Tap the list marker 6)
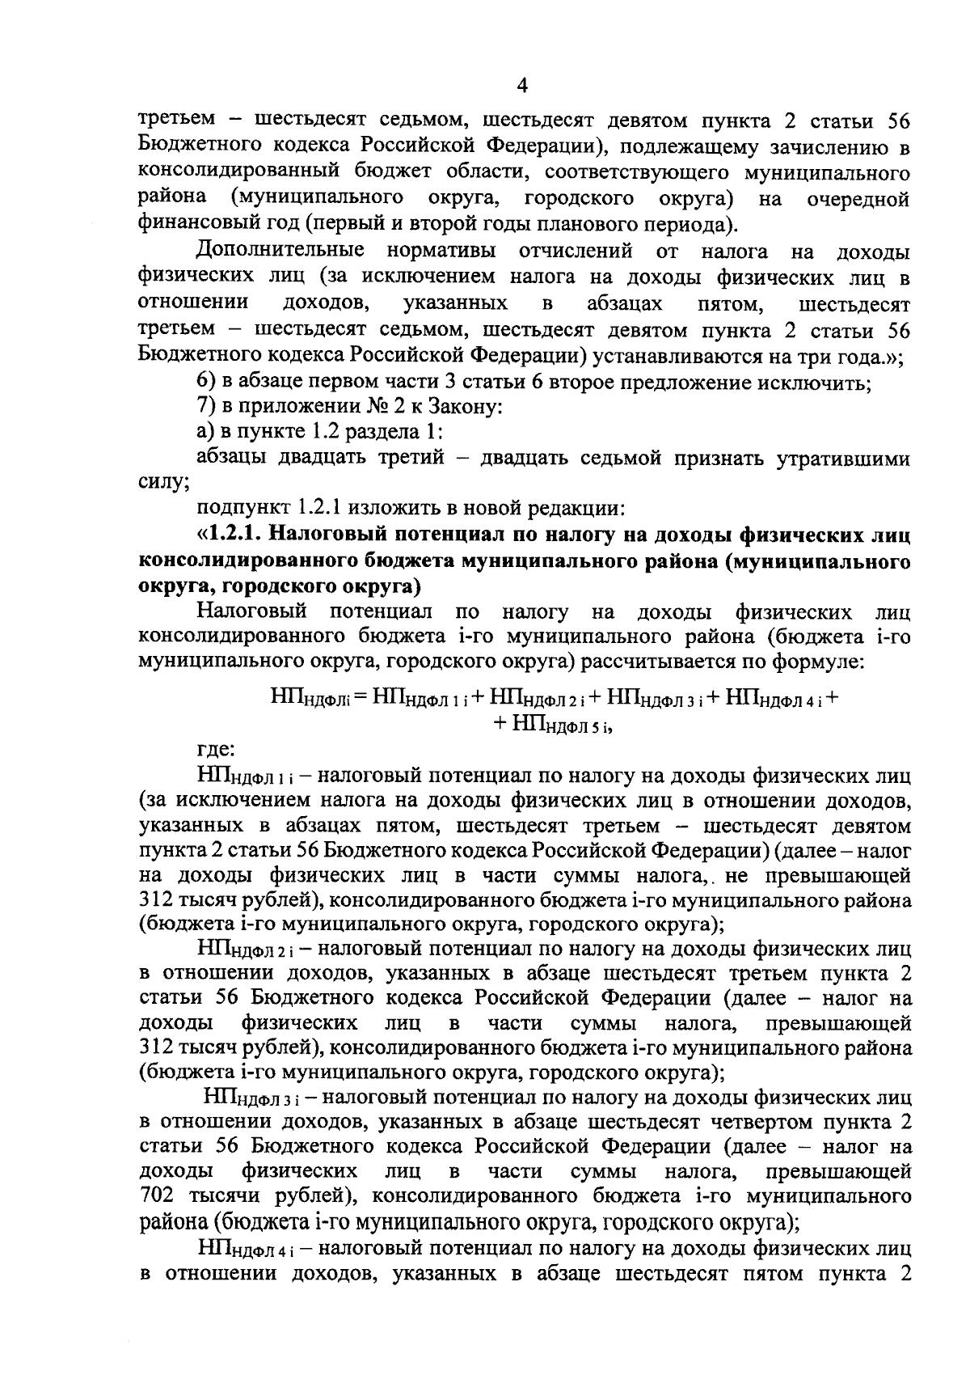tap(208, 382)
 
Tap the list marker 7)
tap(208, 408)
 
